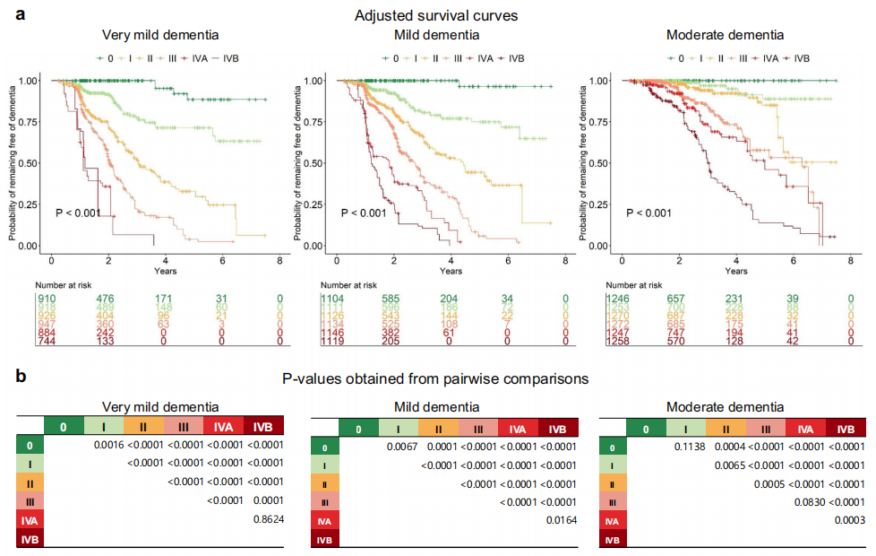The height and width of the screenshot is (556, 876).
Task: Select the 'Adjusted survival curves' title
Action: [x=437, y=15]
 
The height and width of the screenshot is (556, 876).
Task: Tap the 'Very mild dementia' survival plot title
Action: [x=160, y=36]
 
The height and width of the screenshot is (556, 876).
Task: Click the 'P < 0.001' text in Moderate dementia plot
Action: [x=648, y=213]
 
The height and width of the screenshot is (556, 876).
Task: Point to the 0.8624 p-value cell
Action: [x=267, y=518]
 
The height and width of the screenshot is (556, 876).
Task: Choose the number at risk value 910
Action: [x=48, y=299]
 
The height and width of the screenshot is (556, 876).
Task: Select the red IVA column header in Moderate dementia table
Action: [x=804, y=430]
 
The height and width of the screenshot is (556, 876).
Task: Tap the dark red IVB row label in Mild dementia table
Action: [x=323, y=540]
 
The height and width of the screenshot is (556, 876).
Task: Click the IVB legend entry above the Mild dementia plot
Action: [x=511, y=58]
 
